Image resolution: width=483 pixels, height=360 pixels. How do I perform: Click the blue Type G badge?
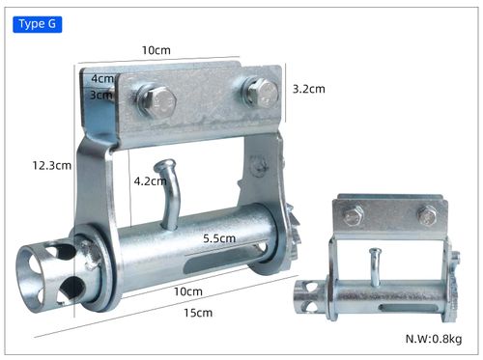click(x=38, y=24)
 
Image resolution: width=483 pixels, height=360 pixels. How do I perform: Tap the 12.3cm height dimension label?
click(x=52, y=166)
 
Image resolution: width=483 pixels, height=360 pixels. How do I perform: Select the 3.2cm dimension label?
click(x=309, y=89)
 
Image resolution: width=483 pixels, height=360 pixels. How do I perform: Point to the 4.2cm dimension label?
click(x=150, y=181)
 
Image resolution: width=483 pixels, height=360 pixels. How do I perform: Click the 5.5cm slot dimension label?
click(x=219, y=238)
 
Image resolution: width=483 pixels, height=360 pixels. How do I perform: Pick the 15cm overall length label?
click(x=198, y=313)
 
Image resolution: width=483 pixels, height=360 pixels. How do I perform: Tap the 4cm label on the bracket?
click(x=102, y=78)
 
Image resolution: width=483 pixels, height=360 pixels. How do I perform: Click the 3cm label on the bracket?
click(x=101, y=95)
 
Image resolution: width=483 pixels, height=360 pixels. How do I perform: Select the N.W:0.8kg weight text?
click(x=434, y=339)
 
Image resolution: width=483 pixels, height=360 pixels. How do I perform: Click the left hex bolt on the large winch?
click(x=156, y=101)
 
